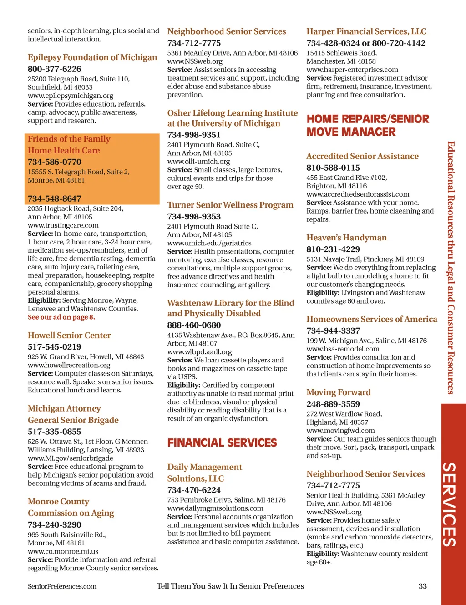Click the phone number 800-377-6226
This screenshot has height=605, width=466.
54,69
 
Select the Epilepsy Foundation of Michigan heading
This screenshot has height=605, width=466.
92,57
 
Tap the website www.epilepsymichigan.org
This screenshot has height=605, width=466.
71,96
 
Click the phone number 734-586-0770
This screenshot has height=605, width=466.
54,162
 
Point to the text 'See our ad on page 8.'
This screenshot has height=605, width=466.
61,317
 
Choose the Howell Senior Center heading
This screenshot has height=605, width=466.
69,336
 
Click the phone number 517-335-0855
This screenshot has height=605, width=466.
54,432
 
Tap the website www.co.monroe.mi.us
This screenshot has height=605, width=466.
63,551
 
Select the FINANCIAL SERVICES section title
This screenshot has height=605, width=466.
222,443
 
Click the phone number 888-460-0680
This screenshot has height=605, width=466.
194,325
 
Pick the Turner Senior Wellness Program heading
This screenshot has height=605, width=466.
230,205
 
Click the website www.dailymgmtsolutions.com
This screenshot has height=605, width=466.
215,508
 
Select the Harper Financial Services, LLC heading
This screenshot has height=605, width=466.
366,31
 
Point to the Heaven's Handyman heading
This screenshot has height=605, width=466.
346,238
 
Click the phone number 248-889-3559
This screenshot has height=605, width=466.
333,404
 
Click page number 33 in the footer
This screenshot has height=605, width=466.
423,586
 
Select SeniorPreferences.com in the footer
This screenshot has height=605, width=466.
62,586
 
